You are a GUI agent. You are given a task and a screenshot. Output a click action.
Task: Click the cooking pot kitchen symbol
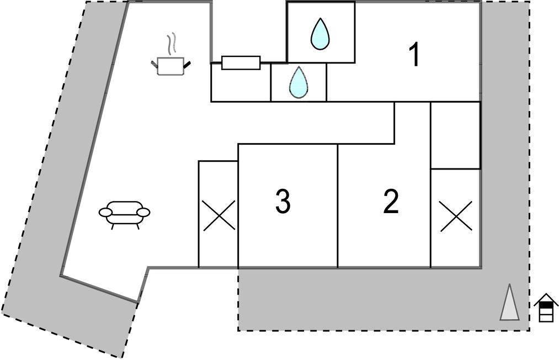[x=171, y=66]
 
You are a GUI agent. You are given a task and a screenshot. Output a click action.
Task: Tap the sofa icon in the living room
[x=125, y=213]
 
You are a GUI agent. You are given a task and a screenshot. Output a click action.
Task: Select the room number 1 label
[x=414, y=55]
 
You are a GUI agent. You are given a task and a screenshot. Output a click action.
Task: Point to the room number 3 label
[x=283, y=202]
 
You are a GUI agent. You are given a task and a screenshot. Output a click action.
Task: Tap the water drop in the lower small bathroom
[x=299, y=82]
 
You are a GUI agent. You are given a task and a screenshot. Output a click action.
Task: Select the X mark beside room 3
[x=218, y=215]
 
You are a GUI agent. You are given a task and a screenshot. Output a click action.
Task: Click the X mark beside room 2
[x=456, y=216]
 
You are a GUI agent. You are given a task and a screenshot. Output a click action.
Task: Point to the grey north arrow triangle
[x=509, y=304]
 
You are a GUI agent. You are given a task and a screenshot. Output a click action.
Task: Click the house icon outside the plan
[x=546, y=308]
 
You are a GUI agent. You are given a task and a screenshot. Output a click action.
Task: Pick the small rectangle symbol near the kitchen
[x=241, y=62]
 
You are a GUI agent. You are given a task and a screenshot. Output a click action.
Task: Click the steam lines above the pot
[x=172, y=43]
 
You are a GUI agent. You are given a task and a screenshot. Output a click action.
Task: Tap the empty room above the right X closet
[x=455, y=135]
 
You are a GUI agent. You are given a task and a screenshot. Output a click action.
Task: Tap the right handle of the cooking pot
[x=187, y=65]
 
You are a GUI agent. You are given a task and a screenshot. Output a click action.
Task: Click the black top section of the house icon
[x=546, y=304]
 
